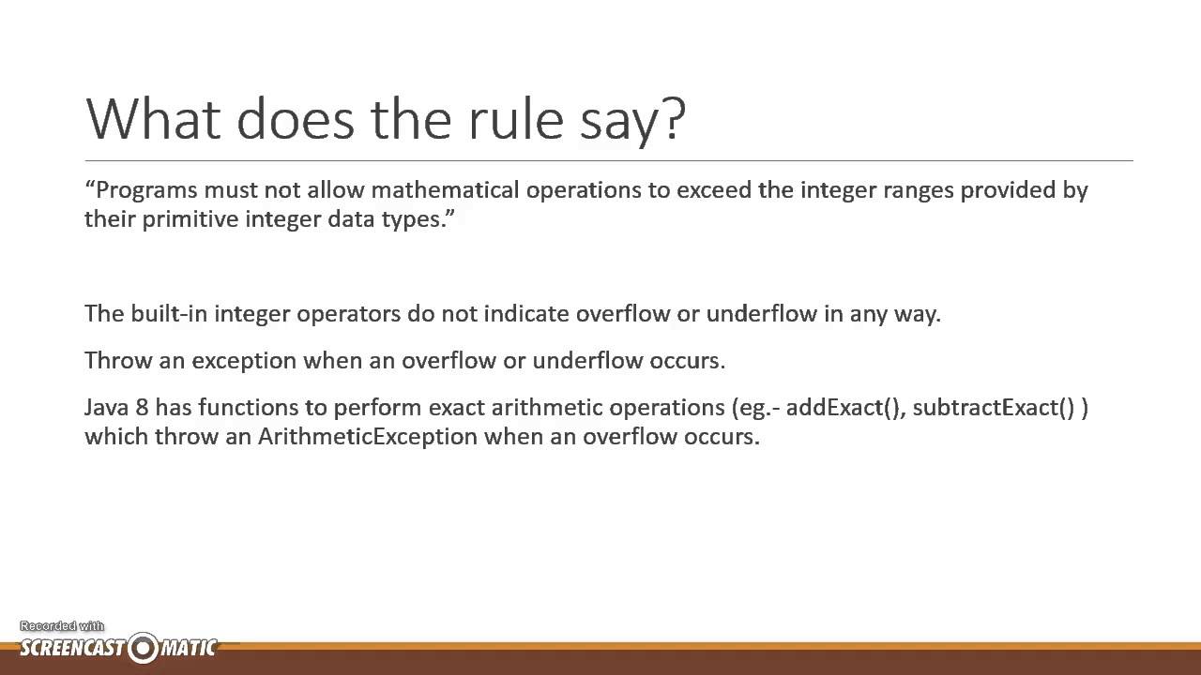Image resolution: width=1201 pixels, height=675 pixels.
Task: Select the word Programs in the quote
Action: (x=147, y=190)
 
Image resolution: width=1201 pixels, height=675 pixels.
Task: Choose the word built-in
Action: (x=169, y=313)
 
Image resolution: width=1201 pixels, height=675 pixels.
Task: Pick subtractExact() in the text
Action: (x=993, y=408)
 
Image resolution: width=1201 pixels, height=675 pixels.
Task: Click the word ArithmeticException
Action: (x=369, y=437)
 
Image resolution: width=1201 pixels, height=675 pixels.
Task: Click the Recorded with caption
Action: (x=62, y=626)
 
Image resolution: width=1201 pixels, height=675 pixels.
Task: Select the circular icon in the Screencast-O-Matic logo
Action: (x=144, y=648)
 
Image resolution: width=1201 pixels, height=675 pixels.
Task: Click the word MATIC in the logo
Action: (x=189, y=648)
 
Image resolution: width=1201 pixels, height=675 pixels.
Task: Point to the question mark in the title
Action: (x=674, y=118)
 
